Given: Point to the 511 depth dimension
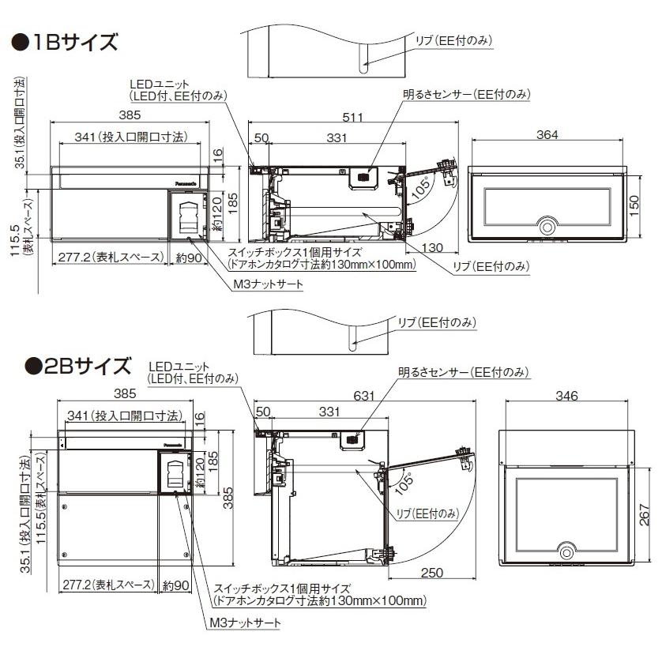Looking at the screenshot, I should coord(352,118).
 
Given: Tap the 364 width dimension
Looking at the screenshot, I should coord(547,135).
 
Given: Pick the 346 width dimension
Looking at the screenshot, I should coord(566,396).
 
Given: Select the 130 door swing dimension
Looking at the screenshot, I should coord(432,248).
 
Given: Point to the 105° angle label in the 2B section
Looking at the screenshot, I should coord(405,479).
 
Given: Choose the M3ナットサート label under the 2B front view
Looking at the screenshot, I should coord(245,623).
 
